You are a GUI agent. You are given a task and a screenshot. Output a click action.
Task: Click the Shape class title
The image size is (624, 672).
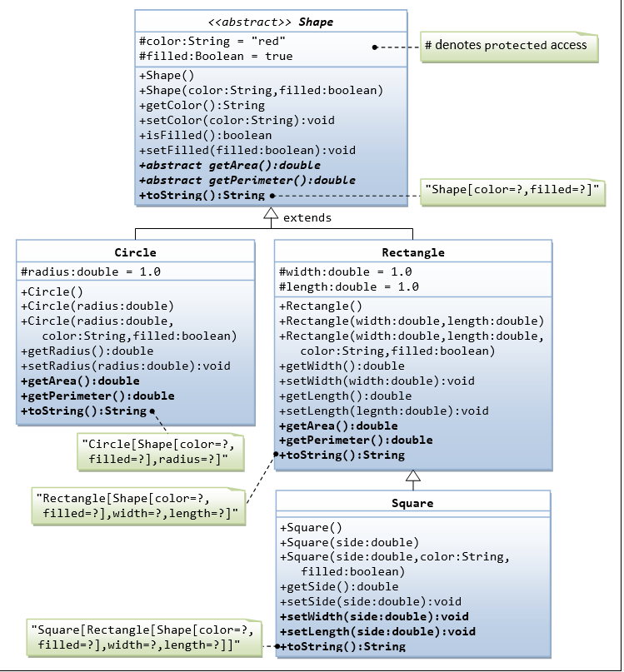[271, 22]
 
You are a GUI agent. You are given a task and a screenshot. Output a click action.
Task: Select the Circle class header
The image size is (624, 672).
[135, 252]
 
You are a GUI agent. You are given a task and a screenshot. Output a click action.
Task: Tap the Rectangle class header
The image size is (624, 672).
[412, 252]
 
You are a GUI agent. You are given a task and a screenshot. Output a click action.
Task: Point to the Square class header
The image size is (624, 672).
[412, 503]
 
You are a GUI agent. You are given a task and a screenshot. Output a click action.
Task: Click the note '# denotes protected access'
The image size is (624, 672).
[506, 46]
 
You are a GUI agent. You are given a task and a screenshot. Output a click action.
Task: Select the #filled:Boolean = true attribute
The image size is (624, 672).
[217, 57]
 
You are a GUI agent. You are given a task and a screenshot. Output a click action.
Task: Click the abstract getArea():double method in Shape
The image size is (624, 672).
[230, 166]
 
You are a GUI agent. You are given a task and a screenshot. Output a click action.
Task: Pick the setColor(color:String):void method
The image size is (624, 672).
[237, 120]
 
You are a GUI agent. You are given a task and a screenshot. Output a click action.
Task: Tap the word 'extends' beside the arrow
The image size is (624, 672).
[307, 218]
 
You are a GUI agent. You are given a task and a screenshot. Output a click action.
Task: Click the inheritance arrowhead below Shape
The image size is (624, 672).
[270, 215]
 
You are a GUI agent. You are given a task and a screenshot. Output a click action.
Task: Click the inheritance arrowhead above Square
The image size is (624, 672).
[412, 476]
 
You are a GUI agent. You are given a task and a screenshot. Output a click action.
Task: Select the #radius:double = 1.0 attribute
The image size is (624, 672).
[91, 272]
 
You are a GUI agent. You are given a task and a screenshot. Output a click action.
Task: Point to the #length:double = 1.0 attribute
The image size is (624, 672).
[349, 287]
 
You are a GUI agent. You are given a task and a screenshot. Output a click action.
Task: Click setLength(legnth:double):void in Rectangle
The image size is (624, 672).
[384, 411]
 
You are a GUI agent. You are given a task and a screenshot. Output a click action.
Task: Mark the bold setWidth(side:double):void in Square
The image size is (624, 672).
[374, 617]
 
